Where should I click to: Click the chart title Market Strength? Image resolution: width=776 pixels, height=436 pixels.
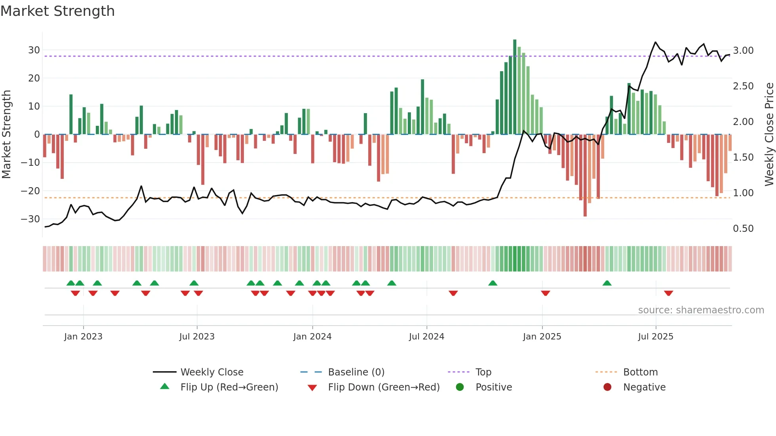(57, 11)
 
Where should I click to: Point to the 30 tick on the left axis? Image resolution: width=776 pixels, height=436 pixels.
(34, 50)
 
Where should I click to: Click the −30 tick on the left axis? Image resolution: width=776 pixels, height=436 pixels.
(30, 219)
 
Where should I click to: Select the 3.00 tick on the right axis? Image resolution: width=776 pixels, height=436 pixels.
(743, 51)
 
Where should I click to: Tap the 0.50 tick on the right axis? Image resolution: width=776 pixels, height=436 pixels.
(743, 229)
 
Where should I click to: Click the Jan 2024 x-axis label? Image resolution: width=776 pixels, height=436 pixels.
(312, 337)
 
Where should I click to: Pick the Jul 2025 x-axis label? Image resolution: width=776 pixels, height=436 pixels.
(656, 337)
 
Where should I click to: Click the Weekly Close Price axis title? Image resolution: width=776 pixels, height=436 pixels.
(769, 135)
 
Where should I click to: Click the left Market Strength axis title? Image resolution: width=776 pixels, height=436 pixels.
(7, 135)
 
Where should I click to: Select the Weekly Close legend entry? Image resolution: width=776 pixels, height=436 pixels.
(212, 372)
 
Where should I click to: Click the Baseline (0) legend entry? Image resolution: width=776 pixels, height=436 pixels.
(356, 372)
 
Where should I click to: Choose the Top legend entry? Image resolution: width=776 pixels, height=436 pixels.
(483, 372)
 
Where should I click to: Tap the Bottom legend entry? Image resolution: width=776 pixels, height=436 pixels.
(640, 372)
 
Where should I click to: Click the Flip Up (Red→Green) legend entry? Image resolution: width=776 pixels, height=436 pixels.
(229, 387)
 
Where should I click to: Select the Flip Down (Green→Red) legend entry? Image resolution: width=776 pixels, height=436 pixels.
(383, 387)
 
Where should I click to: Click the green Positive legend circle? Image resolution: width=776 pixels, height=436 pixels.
(460, 387)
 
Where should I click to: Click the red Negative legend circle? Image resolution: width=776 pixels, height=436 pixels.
(607, 387)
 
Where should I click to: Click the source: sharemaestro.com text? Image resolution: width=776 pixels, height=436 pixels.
(701, 310)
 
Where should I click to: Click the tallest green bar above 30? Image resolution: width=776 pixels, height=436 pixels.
(515, 87)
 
